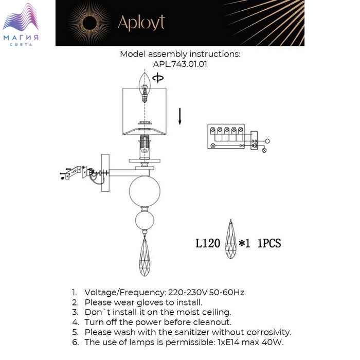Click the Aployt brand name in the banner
(141, 23)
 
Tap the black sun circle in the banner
(89, 23)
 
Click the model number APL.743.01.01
(180, 64)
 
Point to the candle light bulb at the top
(145, 87)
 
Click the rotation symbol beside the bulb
(158, 78)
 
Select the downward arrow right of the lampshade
(180, 116)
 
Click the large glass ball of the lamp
(145, 191)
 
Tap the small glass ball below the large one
(145, 221)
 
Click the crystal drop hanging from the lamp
(145, 257)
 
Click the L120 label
(208, 243)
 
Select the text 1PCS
(269, 243)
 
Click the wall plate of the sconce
(105, 173)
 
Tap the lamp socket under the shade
(145, 147)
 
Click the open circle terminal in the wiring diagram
(267, 141)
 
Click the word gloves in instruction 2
(152, 302)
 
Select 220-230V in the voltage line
(188, 293)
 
